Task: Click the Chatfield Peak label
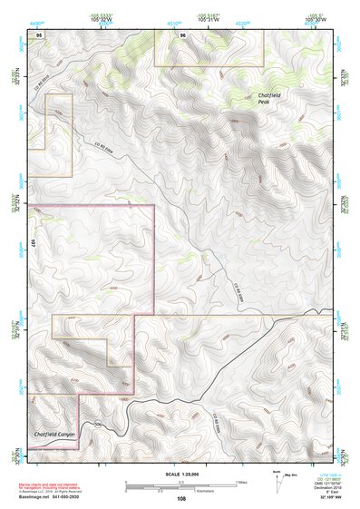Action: tap(268, 98)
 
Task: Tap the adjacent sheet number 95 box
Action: tap(37, 34)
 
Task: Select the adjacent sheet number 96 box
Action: tap(183, 34)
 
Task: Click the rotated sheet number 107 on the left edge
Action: tap(32, 243)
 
